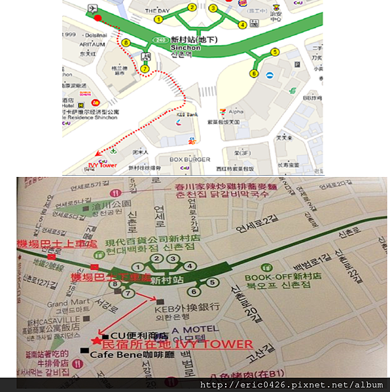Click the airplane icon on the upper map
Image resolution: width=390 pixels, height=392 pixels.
pyautogui.click(x=90, y=8)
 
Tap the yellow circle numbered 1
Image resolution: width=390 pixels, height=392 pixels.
pyautogui.click(x=158, y=19)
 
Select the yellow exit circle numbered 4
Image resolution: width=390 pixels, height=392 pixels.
pyautogui.click(x=243, y=25)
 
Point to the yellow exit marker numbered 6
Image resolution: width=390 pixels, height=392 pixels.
pyautogui.click(x=253, y=74)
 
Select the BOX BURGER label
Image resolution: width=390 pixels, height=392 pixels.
pyautogui.click(x=190, y=159)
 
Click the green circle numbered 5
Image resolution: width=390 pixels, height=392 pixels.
pyautogui.click(x=211, y=283)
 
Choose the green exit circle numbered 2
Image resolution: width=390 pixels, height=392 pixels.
pyautogui.click(x=156, y=259)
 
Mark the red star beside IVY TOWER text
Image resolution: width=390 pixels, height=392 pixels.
pyautogui.click(x=97, y=341)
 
